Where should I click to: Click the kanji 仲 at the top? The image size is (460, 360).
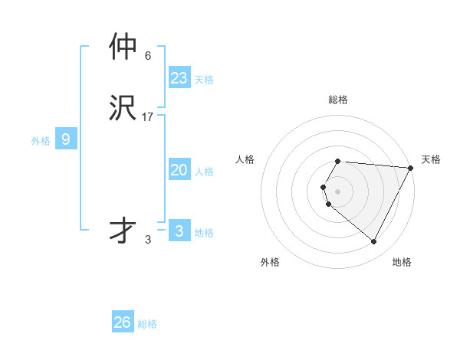point(123,47)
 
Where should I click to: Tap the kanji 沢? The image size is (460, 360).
point(123,108)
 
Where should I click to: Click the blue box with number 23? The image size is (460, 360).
point(179,78)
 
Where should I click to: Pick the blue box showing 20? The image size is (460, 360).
point(179,170)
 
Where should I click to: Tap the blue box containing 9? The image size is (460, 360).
point(66,139)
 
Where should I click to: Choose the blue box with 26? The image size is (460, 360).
point(123,322)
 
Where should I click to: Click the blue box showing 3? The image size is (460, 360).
point(179,231)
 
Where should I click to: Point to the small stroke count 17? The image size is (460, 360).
point(148,117)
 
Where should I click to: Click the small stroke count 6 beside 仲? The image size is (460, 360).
point(148,56)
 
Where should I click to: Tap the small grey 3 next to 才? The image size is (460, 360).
point(148,240)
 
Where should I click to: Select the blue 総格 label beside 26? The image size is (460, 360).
point(147,324)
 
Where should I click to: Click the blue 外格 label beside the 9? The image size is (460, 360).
point(41,141)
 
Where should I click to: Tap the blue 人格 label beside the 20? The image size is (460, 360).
point(204,172)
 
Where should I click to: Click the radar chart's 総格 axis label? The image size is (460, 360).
point(338,100)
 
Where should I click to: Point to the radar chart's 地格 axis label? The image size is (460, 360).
point(402,262)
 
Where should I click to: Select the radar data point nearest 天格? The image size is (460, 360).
point(411,168)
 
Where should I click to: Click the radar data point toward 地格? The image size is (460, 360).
point(373,241)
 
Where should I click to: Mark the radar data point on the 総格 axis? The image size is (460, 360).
point(338,162)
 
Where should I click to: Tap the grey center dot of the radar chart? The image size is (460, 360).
point(338,191)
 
